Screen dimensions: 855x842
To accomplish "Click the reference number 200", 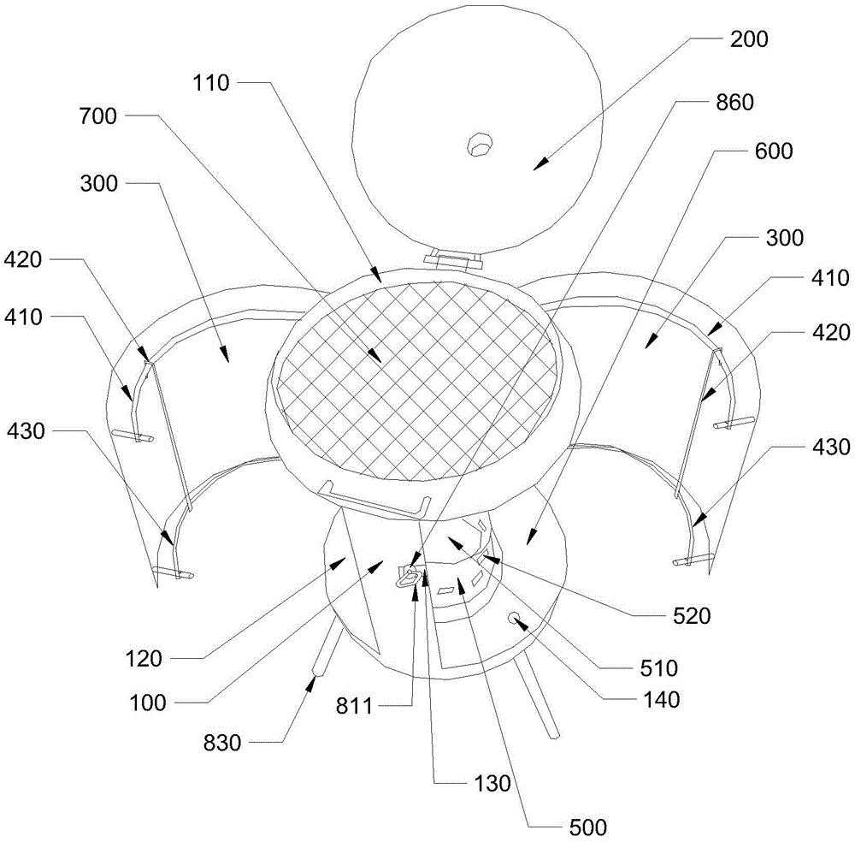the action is (749, 39).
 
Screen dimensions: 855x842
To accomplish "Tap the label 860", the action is (734, 102).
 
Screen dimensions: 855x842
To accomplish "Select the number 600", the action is (774, 151).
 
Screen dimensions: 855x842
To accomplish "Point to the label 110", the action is (210, 84).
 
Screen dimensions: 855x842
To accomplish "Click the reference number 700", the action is (98, 116).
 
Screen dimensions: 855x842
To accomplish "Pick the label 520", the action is (692, 615).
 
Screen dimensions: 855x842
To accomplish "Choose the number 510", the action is (658, 667).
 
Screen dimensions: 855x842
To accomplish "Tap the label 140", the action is (661, 699).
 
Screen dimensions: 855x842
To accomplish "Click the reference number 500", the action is (588, 827).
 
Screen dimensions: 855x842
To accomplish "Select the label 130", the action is (492, 783).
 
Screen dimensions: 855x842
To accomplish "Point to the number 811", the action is (354, 706).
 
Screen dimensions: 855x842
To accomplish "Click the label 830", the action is (222, 743).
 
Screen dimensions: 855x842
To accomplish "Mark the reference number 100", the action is (147, 703).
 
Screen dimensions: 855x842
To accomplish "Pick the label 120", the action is (144, 659).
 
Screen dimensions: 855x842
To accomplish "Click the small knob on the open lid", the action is (480, 144).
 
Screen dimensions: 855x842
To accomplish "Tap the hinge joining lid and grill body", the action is (452, 258).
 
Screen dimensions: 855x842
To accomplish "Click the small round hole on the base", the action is (514, 617).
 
